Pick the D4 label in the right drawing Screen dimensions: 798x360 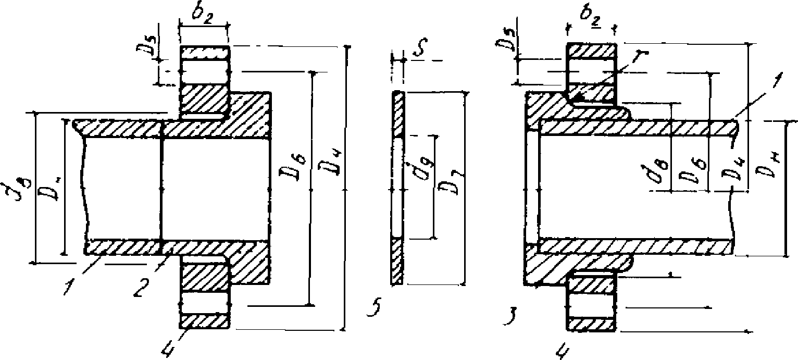732,170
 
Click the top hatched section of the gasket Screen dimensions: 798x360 398,115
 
